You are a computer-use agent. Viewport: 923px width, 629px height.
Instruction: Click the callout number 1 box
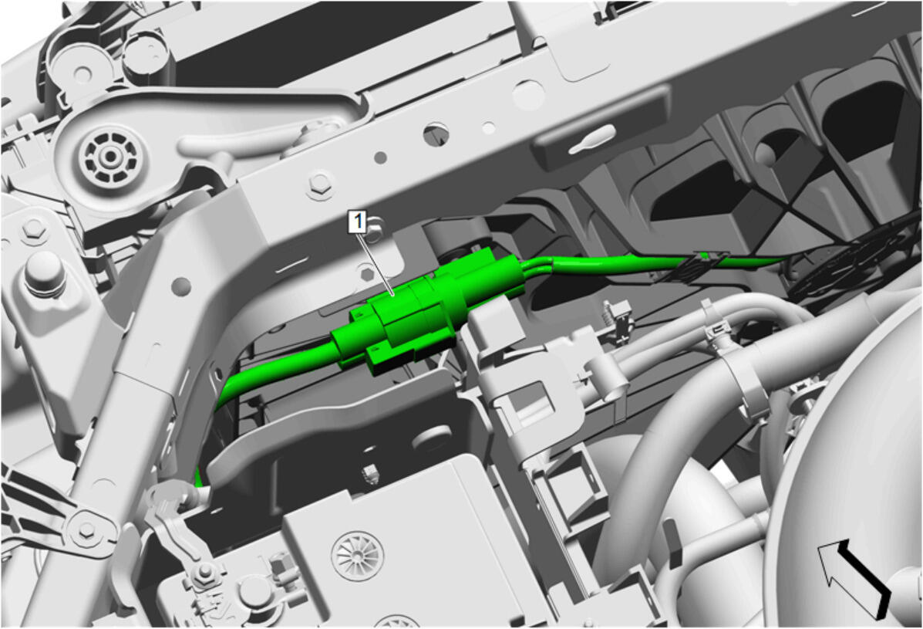(x=358, y=222)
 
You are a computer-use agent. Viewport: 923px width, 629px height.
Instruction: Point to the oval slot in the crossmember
(x=436, y=134)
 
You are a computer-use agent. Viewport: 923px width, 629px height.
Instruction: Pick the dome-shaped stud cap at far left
(x=45, y=275)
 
